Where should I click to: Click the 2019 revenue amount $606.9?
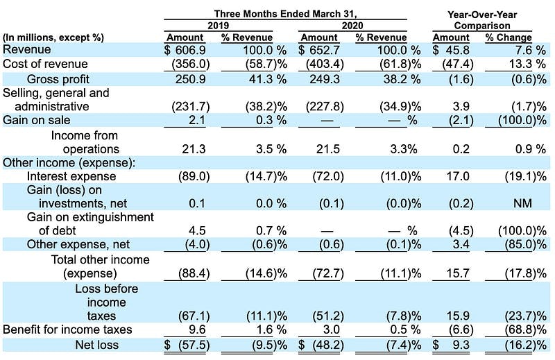[185, 50]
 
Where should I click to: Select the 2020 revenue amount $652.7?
[319, 50]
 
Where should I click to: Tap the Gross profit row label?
[58, 79]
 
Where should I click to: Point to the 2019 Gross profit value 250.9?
[190, 79]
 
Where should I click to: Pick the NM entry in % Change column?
[522, 203]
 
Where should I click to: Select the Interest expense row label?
[71, 176]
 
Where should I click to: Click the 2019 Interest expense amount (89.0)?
[194, 176]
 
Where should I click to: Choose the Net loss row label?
[96, 345]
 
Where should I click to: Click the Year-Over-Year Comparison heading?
[482, 20]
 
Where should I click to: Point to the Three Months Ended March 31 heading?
[285, 14]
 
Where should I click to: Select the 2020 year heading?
[352, 26]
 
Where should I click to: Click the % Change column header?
[509, 37]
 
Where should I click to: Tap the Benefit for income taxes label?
[67, 329]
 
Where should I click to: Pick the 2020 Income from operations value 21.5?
[327, 149]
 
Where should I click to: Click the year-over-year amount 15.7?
[458, 273]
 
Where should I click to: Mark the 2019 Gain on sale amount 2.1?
[197, 121]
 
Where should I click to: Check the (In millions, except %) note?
[53, 38]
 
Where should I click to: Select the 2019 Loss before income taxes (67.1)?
[194, 316]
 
